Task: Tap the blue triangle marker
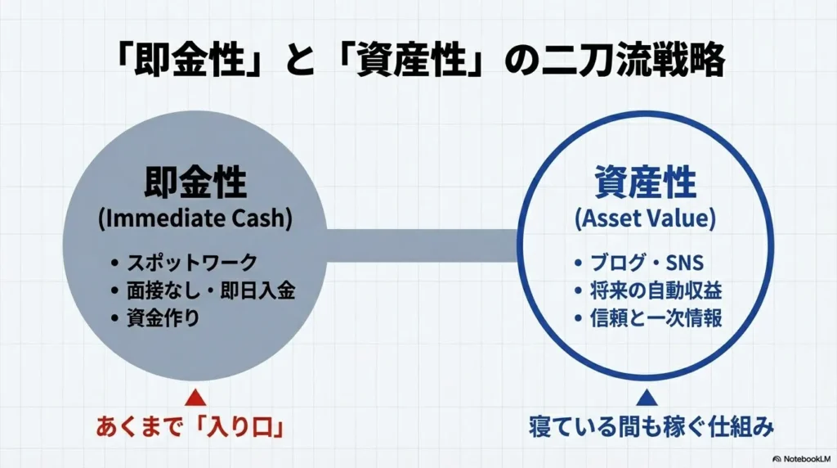(x=647, y=398)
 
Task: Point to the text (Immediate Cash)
(x=195, y=219)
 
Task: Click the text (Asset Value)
(x=646, y=219)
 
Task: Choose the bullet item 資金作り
(x=163, y=317)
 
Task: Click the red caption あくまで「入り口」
(x=195, y=428)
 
